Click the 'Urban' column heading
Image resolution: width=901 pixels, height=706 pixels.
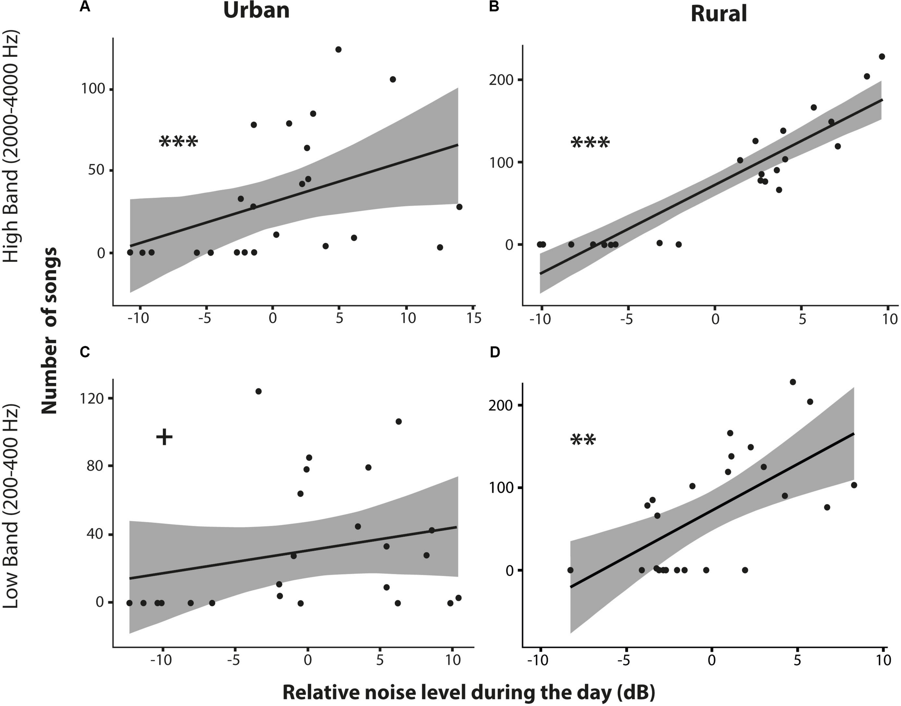pos(256,11)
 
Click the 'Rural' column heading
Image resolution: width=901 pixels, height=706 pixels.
pos(719,14)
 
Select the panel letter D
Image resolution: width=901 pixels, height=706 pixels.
pos(494,352)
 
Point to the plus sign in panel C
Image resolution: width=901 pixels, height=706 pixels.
pos(164,437)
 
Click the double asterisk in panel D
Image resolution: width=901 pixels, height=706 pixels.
pos(583,440)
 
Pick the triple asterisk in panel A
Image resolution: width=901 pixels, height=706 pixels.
pos(179,142)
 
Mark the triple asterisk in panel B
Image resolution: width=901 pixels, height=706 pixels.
pos(590,143)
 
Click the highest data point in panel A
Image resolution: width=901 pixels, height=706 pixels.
pos(338,50)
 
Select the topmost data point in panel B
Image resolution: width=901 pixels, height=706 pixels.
pos(882,57)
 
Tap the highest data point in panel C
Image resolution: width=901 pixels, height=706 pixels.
pos(258,392)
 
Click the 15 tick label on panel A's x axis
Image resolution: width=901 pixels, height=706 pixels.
pos(474,319)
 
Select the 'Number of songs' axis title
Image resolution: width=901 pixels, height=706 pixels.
pos(50,331)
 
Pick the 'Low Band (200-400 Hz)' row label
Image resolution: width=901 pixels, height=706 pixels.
pos(11,508)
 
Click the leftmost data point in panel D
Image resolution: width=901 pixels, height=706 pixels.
pos(570,570)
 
